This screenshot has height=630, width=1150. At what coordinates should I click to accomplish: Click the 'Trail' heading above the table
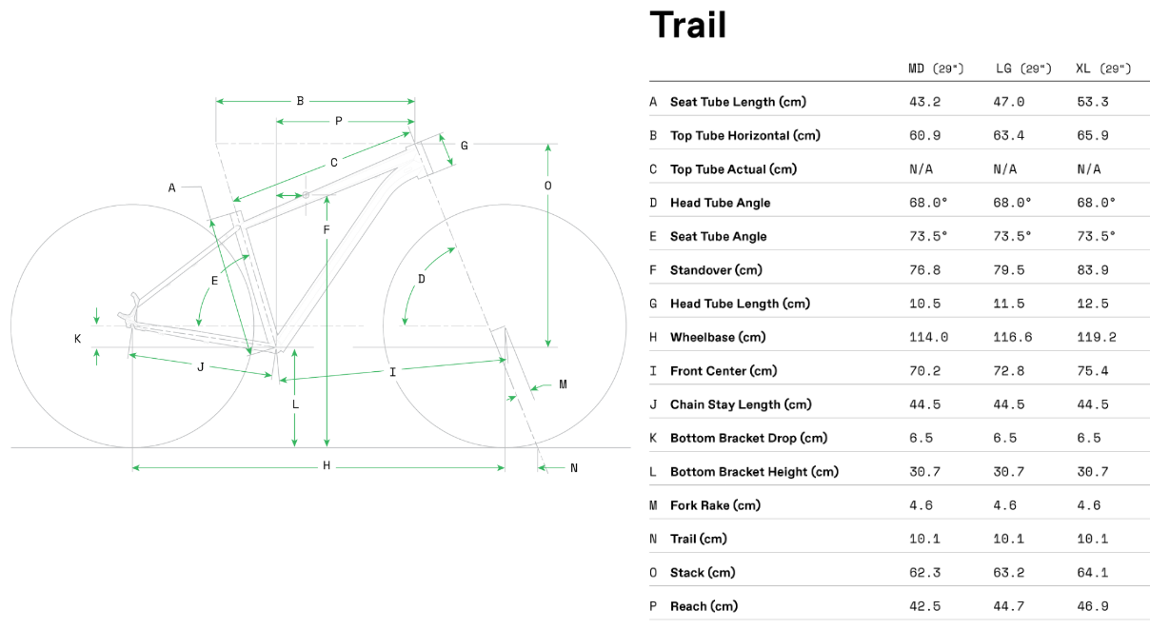(x=688, y=25)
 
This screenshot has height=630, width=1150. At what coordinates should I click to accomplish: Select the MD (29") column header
(x=936, y=69)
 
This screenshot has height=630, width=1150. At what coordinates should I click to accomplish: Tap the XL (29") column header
(x=1103, y=69)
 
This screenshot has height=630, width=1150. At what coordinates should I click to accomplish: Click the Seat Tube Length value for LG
(x=1008, y=102)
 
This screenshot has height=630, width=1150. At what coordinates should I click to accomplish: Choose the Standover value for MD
(x=924, y=270)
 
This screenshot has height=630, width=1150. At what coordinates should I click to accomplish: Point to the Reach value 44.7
(x=1008, y=606)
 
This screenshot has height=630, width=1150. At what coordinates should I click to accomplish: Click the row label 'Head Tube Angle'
(x=720, y=203)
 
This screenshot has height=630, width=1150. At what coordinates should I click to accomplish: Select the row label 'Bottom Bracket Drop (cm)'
(x=748, y=438)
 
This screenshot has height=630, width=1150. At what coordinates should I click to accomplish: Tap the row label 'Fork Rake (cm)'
(x=715, y=505)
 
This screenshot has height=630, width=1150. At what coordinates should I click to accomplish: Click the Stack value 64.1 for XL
(x=1093, y=573)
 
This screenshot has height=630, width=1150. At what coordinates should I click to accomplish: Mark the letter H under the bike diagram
(x=327, y=466)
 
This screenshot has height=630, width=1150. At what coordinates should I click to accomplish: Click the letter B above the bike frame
(x=300, y=101)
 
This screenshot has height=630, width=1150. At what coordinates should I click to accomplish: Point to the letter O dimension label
(x=547, y=187)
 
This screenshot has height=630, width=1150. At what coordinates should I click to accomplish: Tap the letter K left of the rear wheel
(x=78, y=339)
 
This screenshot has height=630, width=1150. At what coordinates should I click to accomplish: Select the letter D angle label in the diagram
(x=422, y=279)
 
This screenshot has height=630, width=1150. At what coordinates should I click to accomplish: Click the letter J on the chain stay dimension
(x=200, y=366)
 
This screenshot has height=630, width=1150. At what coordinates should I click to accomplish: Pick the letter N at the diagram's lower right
(x=574, y=467)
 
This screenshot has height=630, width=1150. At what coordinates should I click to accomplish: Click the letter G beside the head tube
(x=464, y=146)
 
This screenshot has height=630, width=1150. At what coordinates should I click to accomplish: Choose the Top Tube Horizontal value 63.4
(x=1008, y=135)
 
